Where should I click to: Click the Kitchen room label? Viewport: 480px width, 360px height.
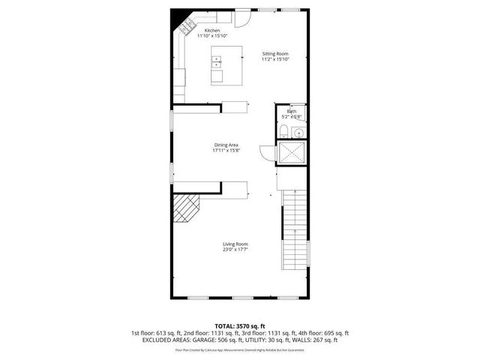[x=212, y=30]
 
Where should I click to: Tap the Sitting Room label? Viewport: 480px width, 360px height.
[x=275, y=53]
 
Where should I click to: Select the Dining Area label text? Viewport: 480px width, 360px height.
[x=226, y=145]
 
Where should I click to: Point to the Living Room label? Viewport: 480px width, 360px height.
[x=235, y=244]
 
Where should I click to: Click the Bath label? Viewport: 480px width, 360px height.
[x=291, y=111]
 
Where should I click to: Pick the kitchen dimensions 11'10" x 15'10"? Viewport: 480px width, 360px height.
[x=212, y=36]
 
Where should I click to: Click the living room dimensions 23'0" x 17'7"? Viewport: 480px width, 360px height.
[x=235, y=249]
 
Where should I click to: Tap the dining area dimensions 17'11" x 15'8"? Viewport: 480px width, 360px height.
[x=226, y=150]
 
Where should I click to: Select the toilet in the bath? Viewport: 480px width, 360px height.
[x=282, y=133]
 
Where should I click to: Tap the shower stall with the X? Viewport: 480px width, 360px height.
[x=291, y=153]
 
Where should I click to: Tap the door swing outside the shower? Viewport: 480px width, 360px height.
[x=268, y=152]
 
